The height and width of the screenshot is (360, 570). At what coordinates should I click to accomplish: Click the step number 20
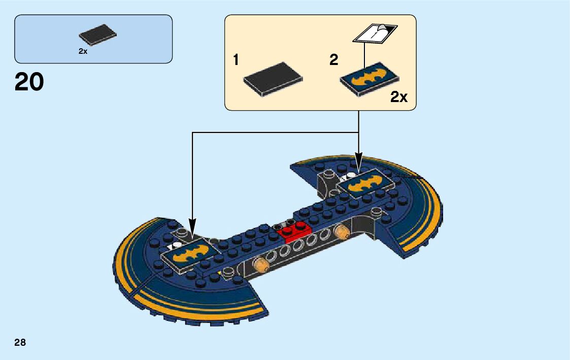tap(29, 82)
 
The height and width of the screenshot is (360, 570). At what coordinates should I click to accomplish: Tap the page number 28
tap(20, 342)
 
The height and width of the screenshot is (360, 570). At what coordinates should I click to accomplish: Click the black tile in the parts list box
tap(97, 35)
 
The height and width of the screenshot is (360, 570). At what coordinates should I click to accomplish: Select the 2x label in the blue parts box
tap(83, 51)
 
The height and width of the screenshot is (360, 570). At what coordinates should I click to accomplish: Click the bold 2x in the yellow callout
tap(399, 97)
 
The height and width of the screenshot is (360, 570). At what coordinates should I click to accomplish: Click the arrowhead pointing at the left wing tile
tap(192, 224)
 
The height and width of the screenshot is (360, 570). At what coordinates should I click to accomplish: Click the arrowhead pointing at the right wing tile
tap(359, 157)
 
